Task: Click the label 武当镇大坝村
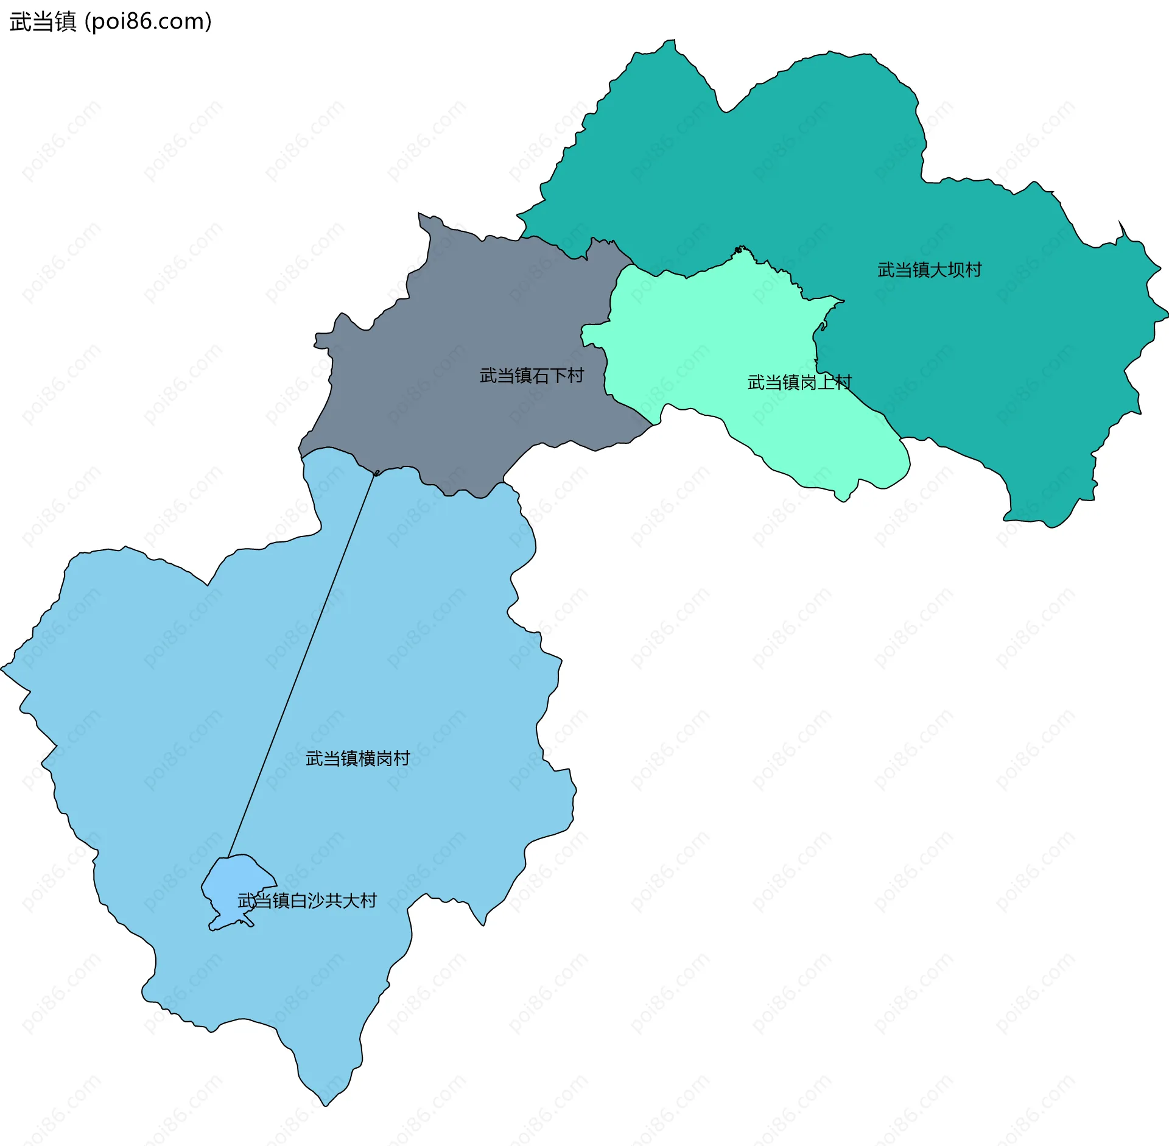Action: coord(929,270)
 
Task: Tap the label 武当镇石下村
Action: coord(532,376)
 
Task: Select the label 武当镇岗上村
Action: coord(799,382)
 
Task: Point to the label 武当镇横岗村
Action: coord(357,759)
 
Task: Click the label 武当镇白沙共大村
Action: coord(307,901)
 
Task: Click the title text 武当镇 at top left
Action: coord(43,21)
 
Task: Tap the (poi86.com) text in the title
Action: coord(148,21)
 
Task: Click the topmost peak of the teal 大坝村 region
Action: coord(672,41)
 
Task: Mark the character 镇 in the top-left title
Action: coord(65,21)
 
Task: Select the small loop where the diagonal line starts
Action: coord(377,473)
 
